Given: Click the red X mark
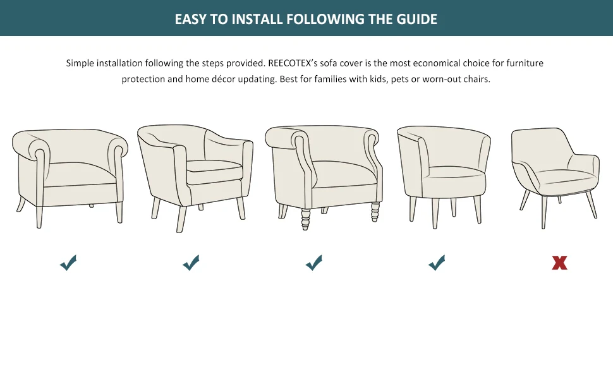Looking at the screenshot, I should (x=559, y=263).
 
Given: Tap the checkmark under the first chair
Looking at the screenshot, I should (x=68, y=263).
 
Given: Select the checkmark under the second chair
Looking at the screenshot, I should (x=191, y=263).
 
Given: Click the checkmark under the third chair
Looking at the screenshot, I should (x=314, y=263).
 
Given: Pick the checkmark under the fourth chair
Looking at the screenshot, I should (x=437, y=263).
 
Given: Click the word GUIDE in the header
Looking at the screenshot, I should (x=416, y=19).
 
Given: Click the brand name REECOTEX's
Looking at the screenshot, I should (x=296, y=63).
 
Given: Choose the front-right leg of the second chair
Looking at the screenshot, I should (x=241, y=208).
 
